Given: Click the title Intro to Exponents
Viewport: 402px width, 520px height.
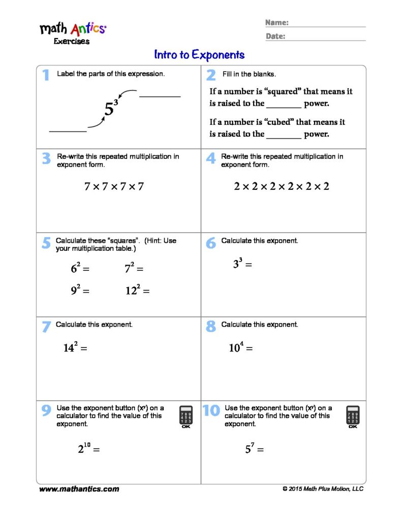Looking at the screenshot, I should tap(199, 55).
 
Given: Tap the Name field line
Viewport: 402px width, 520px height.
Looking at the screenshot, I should tap(327, 25).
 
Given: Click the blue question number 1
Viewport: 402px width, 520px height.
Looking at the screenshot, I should tap(46, 75).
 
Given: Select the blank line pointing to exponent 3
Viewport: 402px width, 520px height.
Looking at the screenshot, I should tap(160, 96).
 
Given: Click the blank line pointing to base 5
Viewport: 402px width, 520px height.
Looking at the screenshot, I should tap(68, 132).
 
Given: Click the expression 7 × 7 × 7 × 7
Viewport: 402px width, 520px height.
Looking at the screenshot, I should tap(114, 187).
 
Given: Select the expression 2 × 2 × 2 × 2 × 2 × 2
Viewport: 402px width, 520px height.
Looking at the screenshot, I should tap(282, 186).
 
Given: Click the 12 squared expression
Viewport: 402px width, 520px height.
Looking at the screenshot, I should tap(137, 290).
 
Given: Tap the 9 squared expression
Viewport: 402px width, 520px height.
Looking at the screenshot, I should tap(80, 290).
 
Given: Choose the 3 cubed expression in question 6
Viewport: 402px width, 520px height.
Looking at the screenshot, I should tap(242, 264).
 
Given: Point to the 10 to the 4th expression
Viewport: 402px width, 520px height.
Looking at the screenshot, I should tap(240, 348).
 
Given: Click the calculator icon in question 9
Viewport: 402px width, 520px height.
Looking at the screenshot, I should tap(186, 416).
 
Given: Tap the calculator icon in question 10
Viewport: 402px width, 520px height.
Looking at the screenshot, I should tap(353, 416).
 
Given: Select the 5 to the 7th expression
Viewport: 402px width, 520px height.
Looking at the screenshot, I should tap(254, 449).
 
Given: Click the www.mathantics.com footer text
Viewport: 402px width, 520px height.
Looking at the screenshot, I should tap(79, 489).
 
